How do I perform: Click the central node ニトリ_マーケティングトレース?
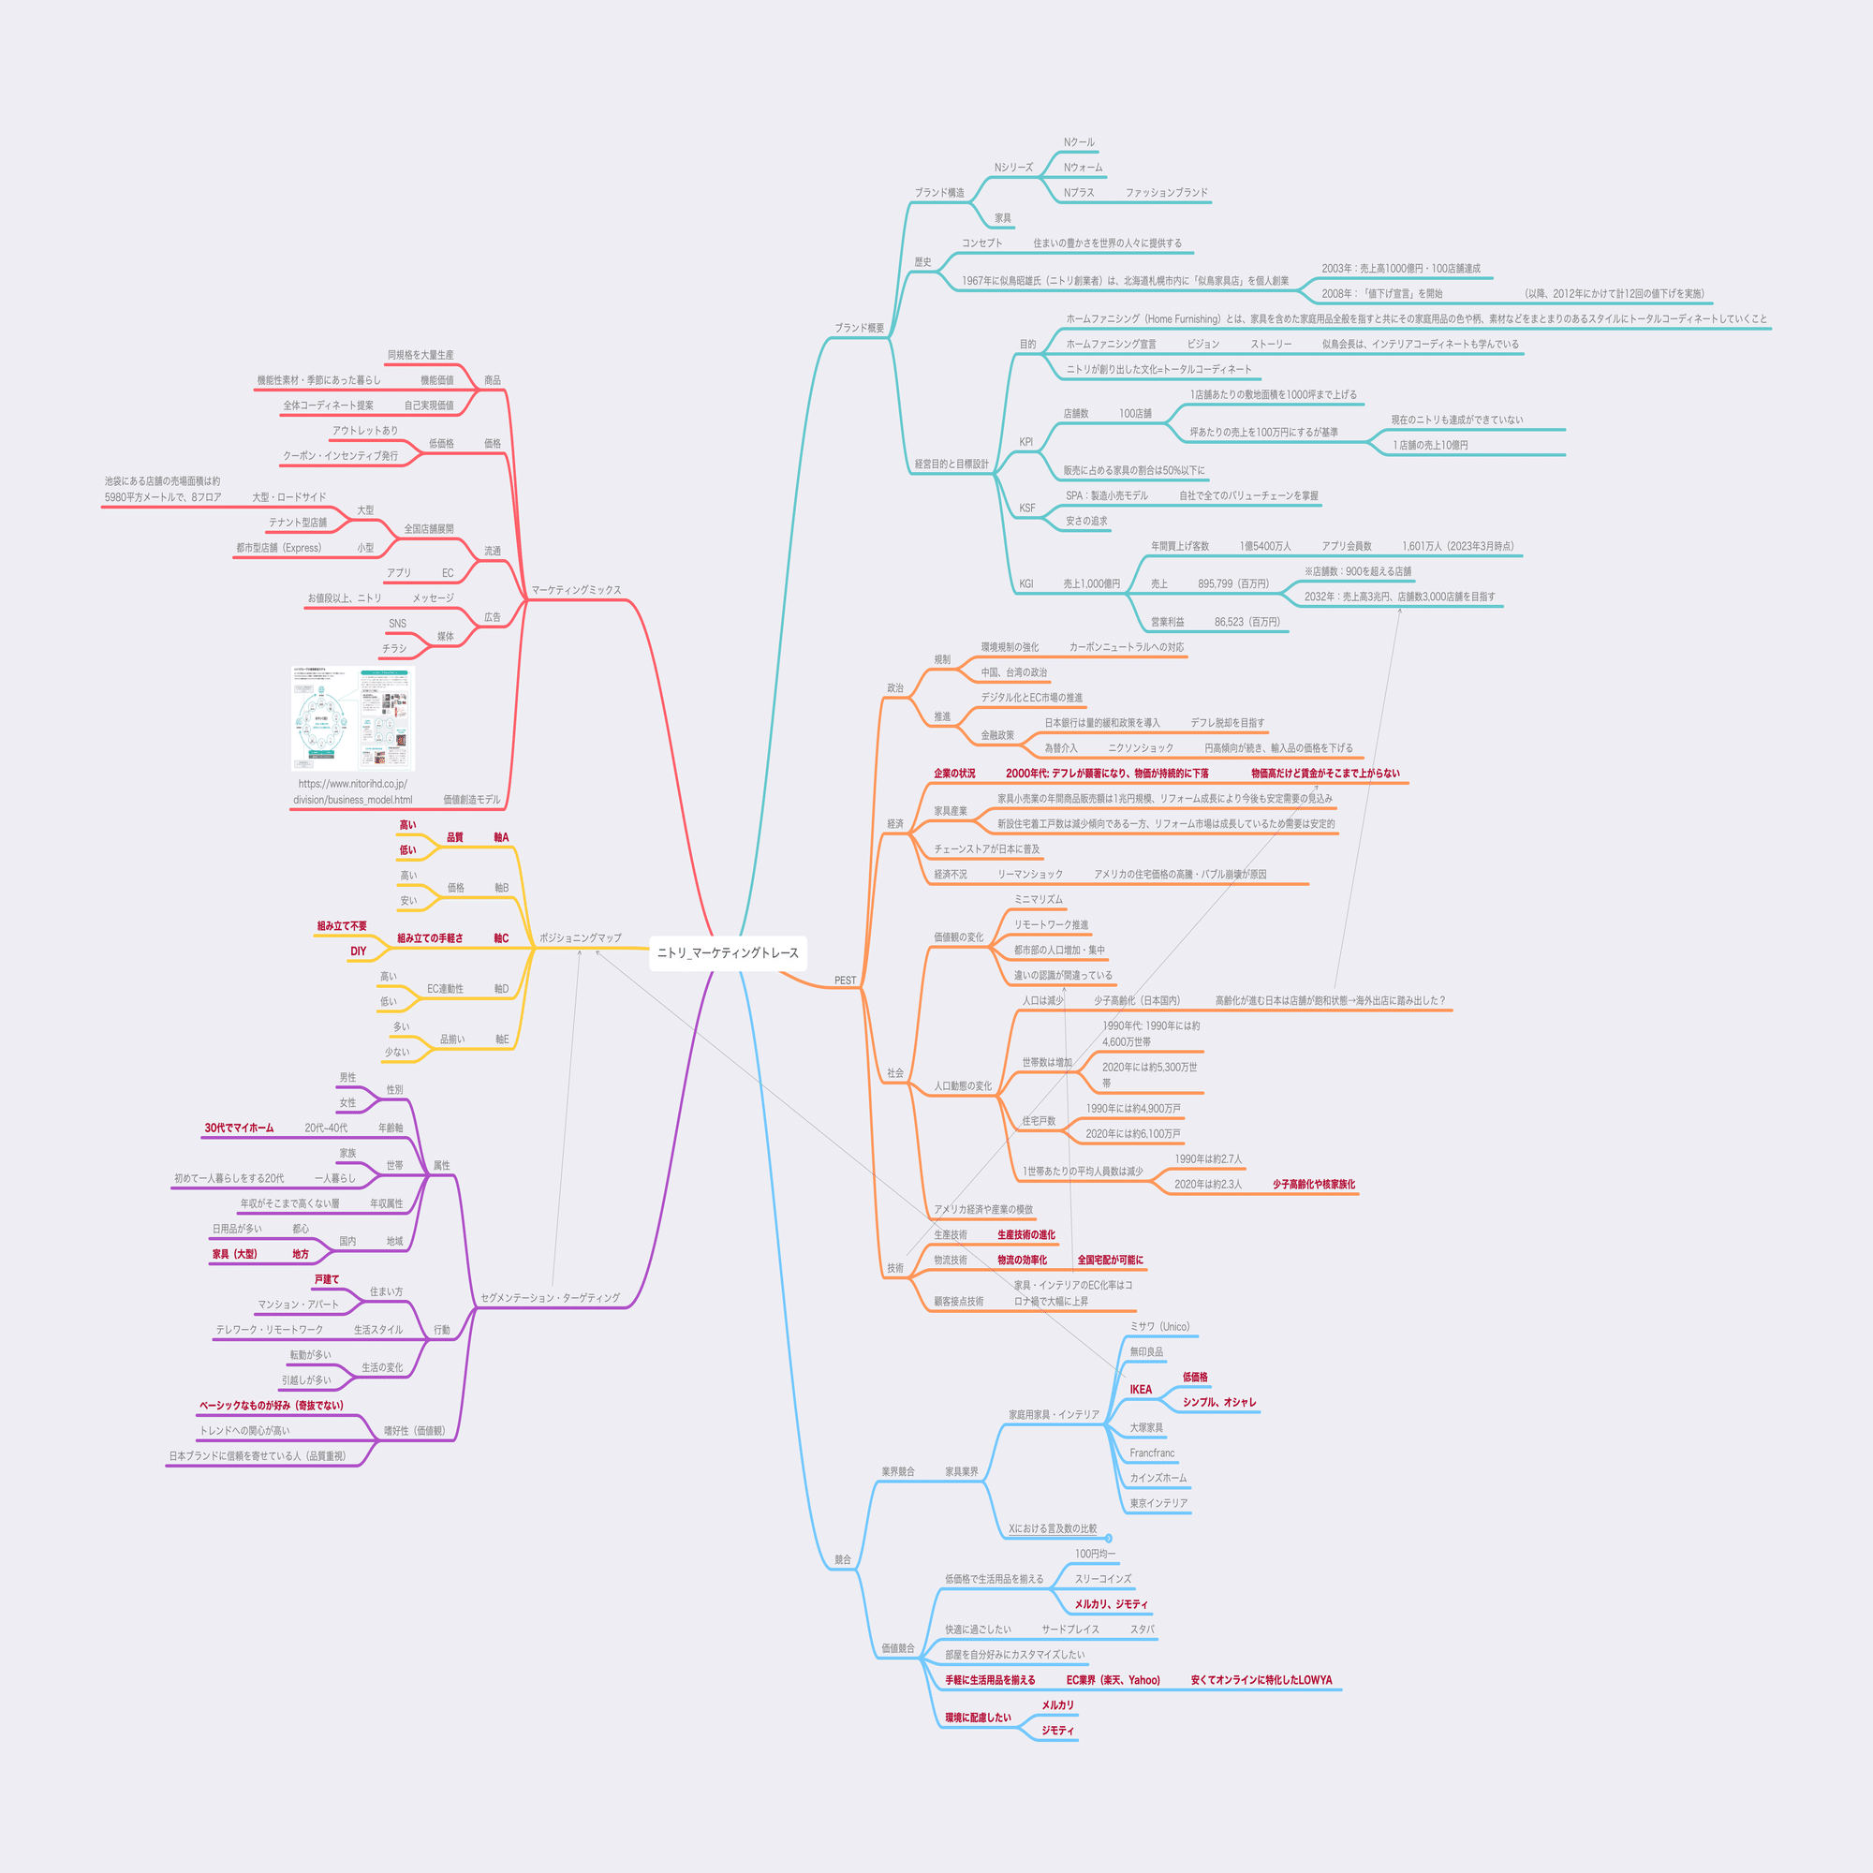727,953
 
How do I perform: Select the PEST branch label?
846,981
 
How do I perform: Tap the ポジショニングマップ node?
580,937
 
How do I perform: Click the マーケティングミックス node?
576,589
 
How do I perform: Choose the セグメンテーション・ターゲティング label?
550,1297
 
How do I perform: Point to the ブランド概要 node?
859,328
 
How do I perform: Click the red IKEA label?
1141,1389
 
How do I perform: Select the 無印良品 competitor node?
1146,1351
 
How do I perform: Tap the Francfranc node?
1152,1453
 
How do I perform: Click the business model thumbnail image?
353,718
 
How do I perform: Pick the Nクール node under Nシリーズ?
1078,142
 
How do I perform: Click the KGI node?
1025,583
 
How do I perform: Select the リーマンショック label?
1029,874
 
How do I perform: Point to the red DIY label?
359,951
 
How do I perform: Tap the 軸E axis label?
501,1040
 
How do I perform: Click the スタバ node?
1141,1630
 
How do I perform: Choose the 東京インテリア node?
1158,1503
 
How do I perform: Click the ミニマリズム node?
1039,899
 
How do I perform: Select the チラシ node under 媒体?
393,648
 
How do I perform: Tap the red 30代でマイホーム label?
239,1128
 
